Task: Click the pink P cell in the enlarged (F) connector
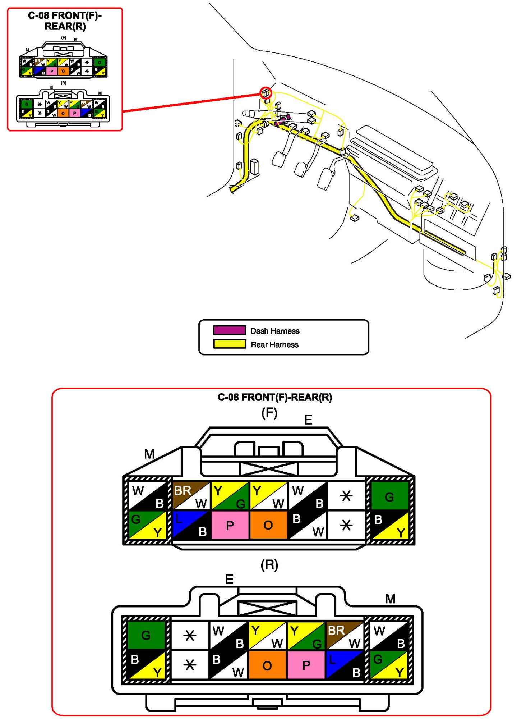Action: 230,525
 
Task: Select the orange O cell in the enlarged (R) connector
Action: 267,665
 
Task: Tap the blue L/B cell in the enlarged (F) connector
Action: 191,525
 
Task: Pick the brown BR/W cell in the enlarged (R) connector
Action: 345,635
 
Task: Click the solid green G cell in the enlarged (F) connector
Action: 389,496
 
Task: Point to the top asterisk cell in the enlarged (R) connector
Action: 190,636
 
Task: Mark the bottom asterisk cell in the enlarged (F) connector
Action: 346,525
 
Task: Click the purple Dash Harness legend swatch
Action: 229,330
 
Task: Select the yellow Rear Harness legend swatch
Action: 229,344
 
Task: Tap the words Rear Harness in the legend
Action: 274,344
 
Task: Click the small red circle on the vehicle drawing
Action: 266,93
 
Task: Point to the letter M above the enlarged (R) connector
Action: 390,599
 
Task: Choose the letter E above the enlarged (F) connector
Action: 308,420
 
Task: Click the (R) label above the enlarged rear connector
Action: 269,565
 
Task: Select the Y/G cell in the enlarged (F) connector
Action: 230,496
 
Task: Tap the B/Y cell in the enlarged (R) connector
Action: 146,665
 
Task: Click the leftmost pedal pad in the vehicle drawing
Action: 279,159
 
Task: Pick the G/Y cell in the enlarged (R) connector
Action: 389,665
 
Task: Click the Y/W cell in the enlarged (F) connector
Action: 268,496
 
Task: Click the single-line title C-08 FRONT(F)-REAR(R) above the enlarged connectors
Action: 274,397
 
